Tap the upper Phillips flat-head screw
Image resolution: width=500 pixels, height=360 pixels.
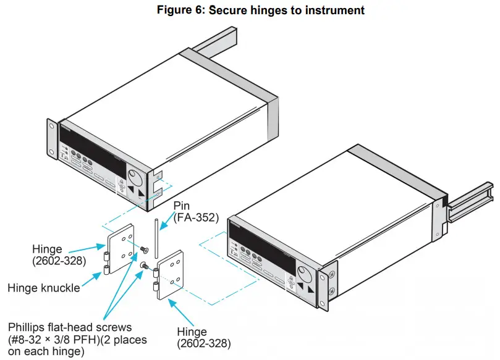click(x=143, y=249)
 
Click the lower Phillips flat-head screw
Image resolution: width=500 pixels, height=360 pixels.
click(x=144, y=266)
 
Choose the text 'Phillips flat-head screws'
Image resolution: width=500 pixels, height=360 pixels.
click(x=69, y=327)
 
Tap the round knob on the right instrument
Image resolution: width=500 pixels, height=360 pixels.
click(x=303, y=271)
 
